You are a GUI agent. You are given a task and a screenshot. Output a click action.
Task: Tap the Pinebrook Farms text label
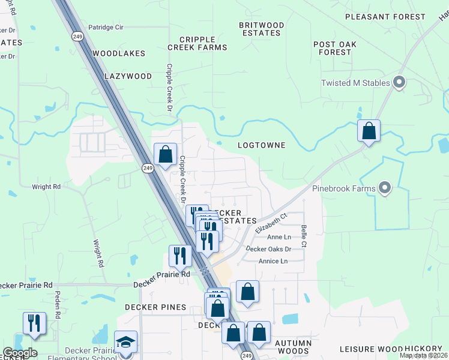point(344,188)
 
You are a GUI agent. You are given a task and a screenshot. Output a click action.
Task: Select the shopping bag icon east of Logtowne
point(369,131)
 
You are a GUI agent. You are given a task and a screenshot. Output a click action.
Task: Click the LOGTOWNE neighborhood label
point(261,145)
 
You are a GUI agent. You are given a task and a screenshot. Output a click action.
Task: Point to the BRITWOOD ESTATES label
point(261,29)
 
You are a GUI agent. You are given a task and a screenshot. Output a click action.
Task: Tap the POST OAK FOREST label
point(335,49)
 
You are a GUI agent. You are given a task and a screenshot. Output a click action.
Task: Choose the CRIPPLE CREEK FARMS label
point(197,43)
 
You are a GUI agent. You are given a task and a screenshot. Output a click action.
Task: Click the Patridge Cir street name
point(106,28)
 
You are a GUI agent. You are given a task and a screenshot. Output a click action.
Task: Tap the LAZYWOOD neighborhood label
point(128,76)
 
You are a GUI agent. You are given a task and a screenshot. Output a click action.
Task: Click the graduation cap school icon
point(126,342)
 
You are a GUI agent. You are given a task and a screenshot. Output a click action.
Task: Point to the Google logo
point(20,353)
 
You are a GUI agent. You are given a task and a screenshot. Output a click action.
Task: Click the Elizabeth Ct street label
point(272,223)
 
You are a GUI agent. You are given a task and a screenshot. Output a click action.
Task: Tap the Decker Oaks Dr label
point(270,249)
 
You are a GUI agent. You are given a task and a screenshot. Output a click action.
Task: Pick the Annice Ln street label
point(273,261)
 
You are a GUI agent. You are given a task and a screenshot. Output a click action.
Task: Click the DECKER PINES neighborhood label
point(155,307)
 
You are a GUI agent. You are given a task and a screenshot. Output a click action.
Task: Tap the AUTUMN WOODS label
point(294,347)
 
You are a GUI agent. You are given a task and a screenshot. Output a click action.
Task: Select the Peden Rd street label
point(58,305)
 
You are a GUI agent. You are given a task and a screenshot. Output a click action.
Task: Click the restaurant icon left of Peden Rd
point(34,323)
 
